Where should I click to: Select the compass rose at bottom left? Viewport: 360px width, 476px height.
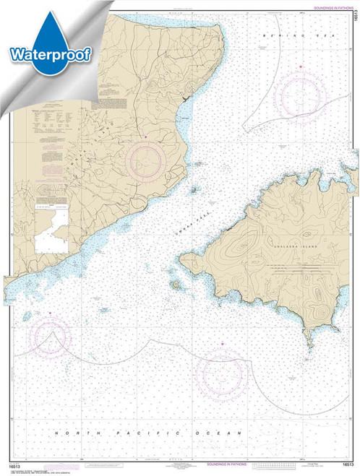point(50,336)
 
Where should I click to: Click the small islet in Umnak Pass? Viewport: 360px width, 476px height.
point(194,191)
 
